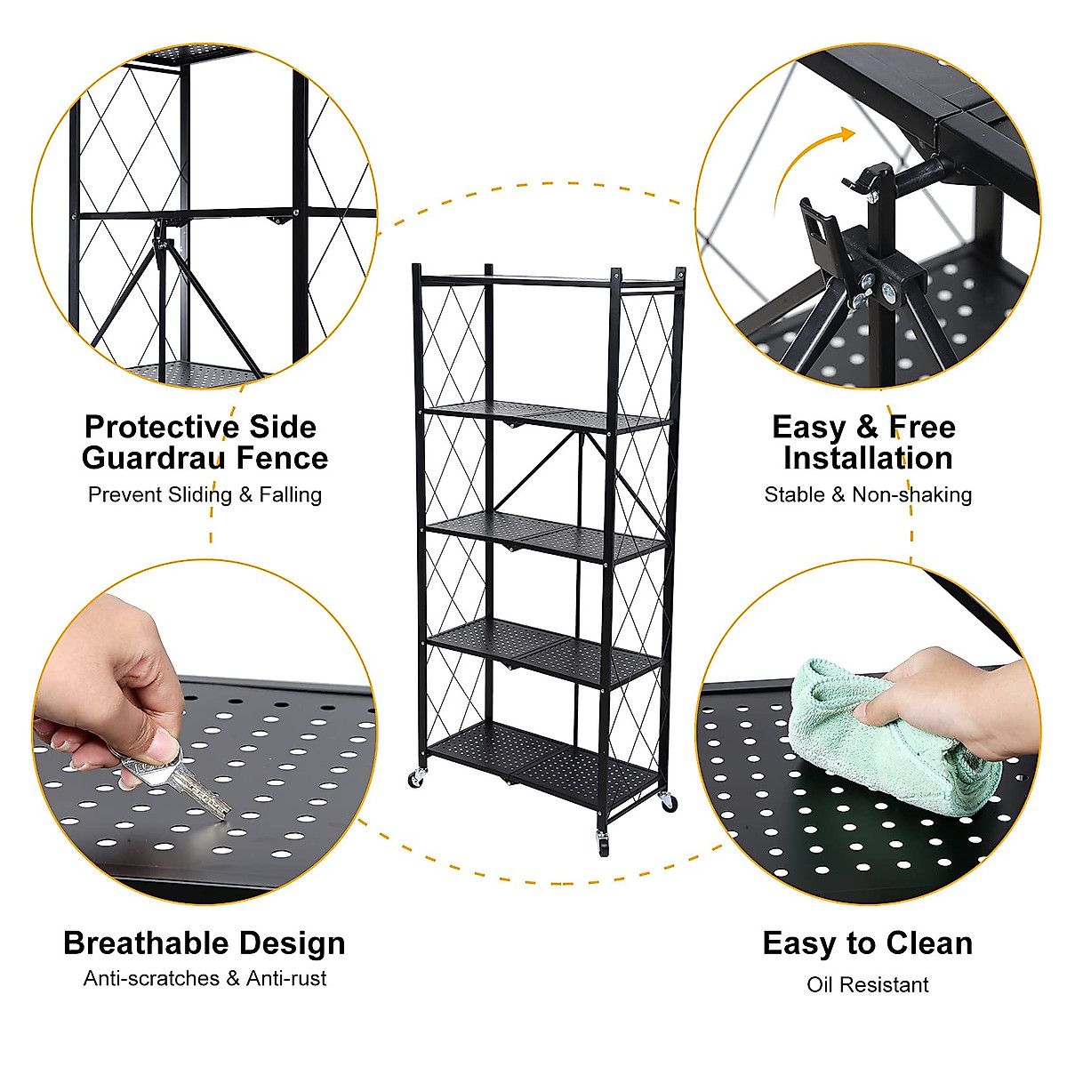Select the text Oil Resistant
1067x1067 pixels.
click(868, 984)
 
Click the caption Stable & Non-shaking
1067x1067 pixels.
click(868, 494)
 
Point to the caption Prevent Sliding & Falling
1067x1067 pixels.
click(205, 494)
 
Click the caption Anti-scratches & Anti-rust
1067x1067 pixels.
click(205, 978)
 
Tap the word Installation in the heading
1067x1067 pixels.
click(868, 459)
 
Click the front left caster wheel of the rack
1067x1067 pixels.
click(416, 779)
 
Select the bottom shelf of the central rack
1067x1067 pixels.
click(542, 756)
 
